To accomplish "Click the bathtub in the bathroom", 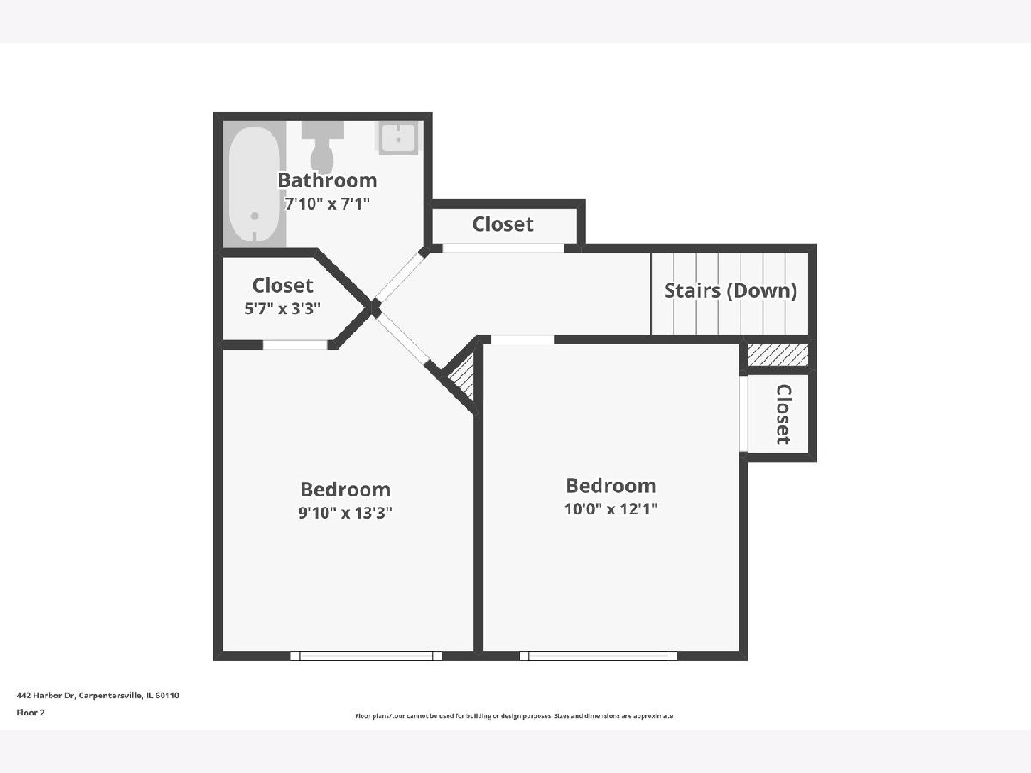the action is click(x=254, y=185).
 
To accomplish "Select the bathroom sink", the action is click(x=399, y=137).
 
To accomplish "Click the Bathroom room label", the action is click(x=327, y=180).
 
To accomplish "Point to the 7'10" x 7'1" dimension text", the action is click(x=327, y=204).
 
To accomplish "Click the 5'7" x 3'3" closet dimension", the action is click(x=283, y=309).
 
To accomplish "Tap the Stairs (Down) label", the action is click(x=730, y=291).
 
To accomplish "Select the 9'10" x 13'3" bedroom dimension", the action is click(x=345, y=513).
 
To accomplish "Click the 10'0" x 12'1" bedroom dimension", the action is click(x=611, y=508).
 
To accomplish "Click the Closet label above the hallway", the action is click(x=503, y=224).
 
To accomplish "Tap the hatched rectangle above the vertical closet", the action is click(x=778, y=356).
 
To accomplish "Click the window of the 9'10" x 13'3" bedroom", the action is click(x=366, y=656).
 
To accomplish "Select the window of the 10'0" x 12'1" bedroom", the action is click(x=598, y=656).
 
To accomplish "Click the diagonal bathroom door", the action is click(x=400, y=277).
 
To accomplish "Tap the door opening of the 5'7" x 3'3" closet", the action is click(x=295, y=345).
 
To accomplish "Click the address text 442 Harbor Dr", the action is click(x=46, y=696).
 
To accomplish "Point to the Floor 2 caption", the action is click(x=31, y=713).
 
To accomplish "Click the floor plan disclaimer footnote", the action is click(x=515, y=715).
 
